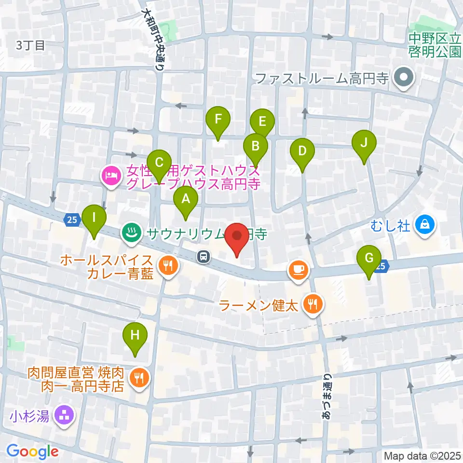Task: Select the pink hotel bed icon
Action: tap(110, 176)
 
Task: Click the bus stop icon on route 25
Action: tap(204, 257)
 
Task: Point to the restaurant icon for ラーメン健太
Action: tap(313, 304)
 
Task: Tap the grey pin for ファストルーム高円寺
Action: tap(401, 78)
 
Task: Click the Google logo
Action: tap(32, 451)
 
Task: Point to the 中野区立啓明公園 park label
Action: tap(435, 44)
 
